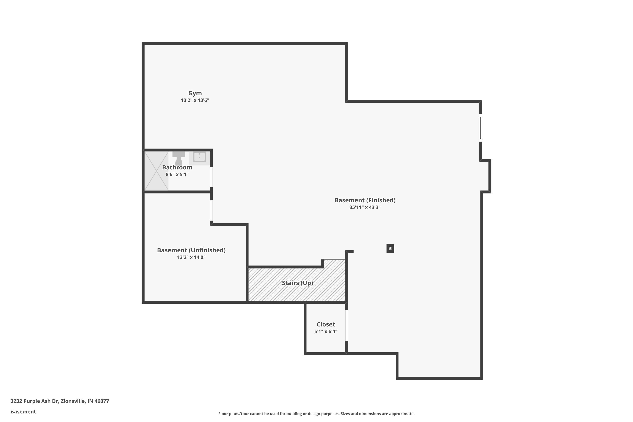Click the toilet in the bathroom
pyautogui.click(x=179, y=159)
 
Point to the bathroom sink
pyautogui.click(x=199, y=157)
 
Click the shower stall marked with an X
pyautogui.click(x=156, y=171)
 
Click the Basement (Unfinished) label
pyautogui.click(x=191, y=250)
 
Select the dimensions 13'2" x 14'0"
pyautogui.click(x=191, y=257)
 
